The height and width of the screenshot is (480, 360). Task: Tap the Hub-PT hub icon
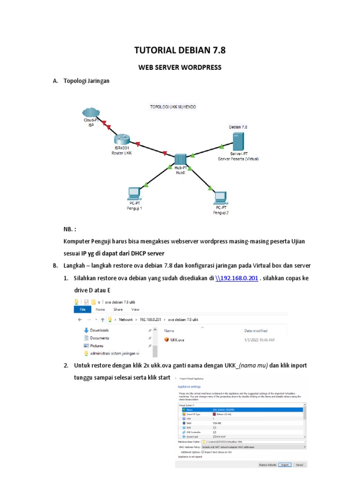(180, 159)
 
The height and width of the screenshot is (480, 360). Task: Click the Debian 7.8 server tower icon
(238, 141)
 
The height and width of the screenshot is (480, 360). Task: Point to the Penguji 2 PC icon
(221, 197)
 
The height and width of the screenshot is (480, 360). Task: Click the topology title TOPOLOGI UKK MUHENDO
(172, 107)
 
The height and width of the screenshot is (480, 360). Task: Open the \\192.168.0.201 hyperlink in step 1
(237, 278)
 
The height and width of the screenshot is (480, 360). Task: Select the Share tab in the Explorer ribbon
(118, 309)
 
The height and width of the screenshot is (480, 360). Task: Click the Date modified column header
(256, 330)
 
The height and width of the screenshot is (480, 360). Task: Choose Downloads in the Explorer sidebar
(99, 330)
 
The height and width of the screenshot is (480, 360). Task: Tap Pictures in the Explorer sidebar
(97, 345)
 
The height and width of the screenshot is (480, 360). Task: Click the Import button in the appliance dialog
(284, 465)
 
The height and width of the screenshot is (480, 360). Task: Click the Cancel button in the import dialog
(299, 465)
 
